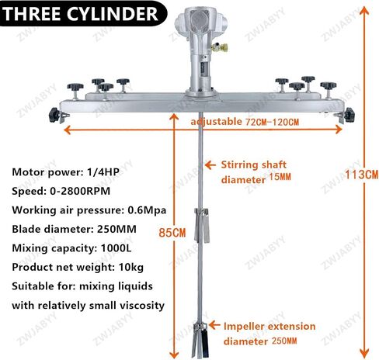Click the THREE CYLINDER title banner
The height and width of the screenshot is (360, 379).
point(83,13)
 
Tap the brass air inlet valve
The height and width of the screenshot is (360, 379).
point(220,47)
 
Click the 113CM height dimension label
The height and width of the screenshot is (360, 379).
point(361,175)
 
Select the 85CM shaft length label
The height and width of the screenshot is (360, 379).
point(172,233)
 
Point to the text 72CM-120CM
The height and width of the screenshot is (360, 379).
point(272,122)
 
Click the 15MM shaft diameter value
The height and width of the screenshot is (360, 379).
point(280,177)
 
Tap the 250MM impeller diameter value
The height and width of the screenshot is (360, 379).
point(284,341)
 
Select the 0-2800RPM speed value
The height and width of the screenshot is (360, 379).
point(80,191)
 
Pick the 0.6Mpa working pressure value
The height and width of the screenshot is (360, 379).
point(147,210)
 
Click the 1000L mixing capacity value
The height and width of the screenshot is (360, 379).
point(116,248)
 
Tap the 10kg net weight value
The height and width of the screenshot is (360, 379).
point(130,268)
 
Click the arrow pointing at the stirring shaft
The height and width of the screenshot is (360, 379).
point(210,164)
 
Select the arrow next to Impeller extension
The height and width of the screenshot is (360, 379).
point(214,325)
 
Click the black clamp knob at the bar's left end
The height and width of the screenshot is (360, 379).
point(54,115)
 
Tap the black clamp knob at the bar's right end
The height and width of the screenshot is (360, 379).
point(349,115)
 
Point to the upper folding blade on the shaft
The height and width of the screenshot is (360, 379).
point(202,226)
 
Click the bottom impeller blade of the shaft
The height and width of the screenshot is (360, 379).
point(200,340)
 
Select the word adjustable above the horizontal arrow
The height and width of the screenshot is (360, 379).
point(216,122)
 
